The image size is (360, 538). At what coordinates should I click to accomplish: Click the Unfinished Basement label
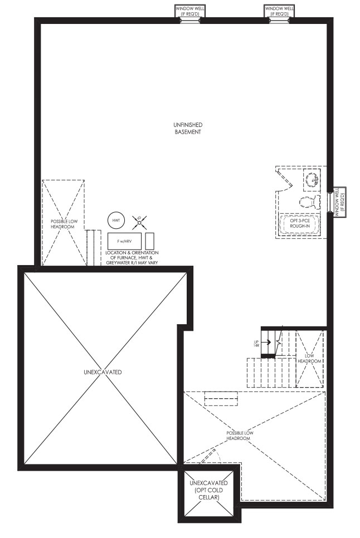click(188, 128)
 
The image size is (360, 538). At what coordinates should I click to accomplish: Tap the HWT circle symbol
click(116, 221)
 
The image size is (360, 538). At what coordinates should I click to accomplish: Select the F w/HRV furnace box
click(124, 242)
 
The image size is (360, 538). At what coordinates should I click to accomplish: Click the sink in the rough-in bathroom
click(312, 180)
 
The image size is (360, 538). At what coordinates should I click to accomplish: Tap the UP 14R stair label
click(256, 344)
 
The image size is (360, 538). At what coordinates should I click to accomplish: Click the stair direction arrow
click(266, 342)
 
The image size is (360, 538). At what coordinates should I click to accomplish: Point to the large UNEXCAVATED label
click(103, 372)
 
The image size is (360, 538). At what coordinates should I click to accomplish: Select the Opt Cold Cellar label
click(208, 490)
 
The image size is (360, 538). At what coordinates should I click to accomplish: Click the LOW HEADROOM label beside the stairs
click(309, 359)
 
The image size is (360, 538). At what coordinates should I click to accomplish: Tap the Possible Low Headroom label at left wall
click(62, 224)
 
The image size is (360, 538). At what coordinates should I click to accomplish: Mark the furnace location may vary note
click(132, 258)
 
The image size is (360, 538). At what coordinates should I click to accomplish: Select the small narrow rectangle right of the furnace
click(149, 241)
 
